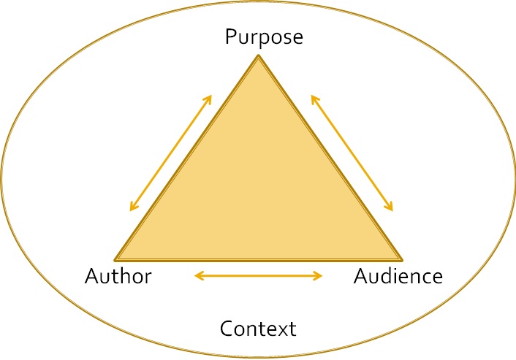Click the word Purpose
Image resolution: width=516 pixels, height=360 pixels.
(264, 37)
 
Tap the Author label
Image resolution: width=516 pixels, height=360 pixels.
(118, 277)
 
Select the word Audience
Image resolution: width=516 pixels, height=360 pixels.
(398, 277)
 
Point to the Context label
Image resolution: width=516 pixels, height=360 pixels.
(258, 329)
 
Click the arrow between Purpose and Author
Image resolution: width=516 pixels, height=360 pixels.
(171, 153)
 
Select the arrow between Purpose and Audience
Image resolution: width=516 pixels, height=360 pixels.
(352, 153)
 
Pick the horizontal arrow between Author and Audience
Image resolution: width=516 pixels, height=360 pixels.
(259, 276)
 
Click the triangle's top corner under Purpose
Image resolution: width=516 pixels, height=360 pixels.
(258, 57)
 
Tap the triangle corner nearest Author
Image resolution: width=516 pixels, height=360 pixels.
(117, 259)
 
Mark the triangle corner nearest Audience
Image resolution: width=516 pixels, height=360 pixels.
(401, 259)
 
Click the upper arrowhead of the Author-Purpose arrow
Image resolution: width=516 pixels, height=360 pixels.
(210, 96)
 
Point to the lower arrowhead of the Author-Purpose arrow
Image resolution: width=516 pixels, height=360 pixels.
(132, 210)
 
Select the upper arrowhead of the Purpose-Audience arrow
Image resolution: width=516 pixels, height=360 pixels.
(312, 96)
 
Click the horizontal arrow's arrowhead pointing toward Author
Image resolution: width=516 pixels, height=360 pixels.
(197, 276)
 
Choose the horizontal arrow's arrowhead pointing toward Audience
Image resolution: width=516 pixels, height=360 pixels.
(320, 276)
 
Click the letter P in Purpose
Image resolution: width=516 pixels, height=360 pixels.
(231, 37)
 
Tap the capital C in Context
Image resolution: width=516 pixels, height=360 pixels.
(226, 329)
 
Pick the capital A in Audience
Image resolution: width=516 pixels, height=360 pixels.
(360, 277)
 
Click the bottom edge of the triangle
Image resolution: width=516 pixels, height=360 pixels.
(259, 259)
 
